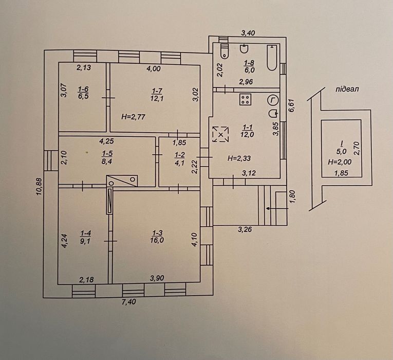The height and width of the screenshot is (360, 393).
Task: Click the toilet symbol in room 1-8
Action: pyautogui.click(x=224, y=51)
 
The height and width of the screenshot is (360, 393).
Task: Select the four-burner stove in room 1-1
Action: pyautogui.click(x=246, y=99)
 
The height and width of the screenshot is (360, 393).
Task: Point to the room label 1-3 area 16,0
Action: pyautogui.click(x=157, y=237)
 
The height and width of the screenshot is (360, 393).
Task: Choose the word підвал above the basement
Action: pyautogui.click(x=347, y=89)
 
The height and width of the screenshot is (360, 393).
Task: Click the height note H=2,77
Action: pyautogui.click(x=133, y=117)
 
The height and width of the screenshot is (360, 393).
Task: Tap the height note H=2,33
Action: pyautogui.click(x=239, y=158)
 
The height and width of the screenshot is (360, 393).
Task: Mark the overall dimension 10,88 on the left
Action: pyautogui.click(x=40, y=187)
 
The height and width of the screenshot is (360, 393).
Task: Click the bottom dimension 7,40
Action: pyautogui.click(x=129, y=301)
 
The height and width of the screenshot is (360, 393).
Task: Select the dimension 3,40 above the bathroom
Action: pyautogui.click(x=248, y=33)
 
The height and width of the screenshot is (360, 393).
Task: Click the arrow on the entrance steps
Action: pyautogui.click(x=276, y=208)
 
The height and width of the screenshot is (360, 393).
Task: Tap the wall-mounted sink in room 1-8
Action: pyautogui.click(x=244, y=49)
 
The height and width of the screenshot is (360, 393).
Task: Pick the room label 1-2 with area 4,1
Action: pyautogui.click(x=180, y=159)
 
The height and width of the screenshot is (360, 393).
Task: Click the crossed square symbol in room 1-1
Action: pyautogui.click(x=220, y=134)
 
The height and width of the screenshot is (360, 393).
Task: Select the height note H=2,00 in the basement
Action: pyautogui.click(x=340, y=162)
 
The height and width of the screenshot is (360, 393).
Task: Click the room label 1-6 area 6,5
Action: pyautogui.click(x=83, y=93)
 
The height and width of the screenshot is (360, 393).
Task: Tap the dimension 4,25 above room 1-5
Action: pyautogui.click(x=106, y=141)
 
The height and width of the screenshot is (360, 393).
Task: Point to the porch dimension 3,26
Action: pyautogui.click(x=245, y=229)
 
